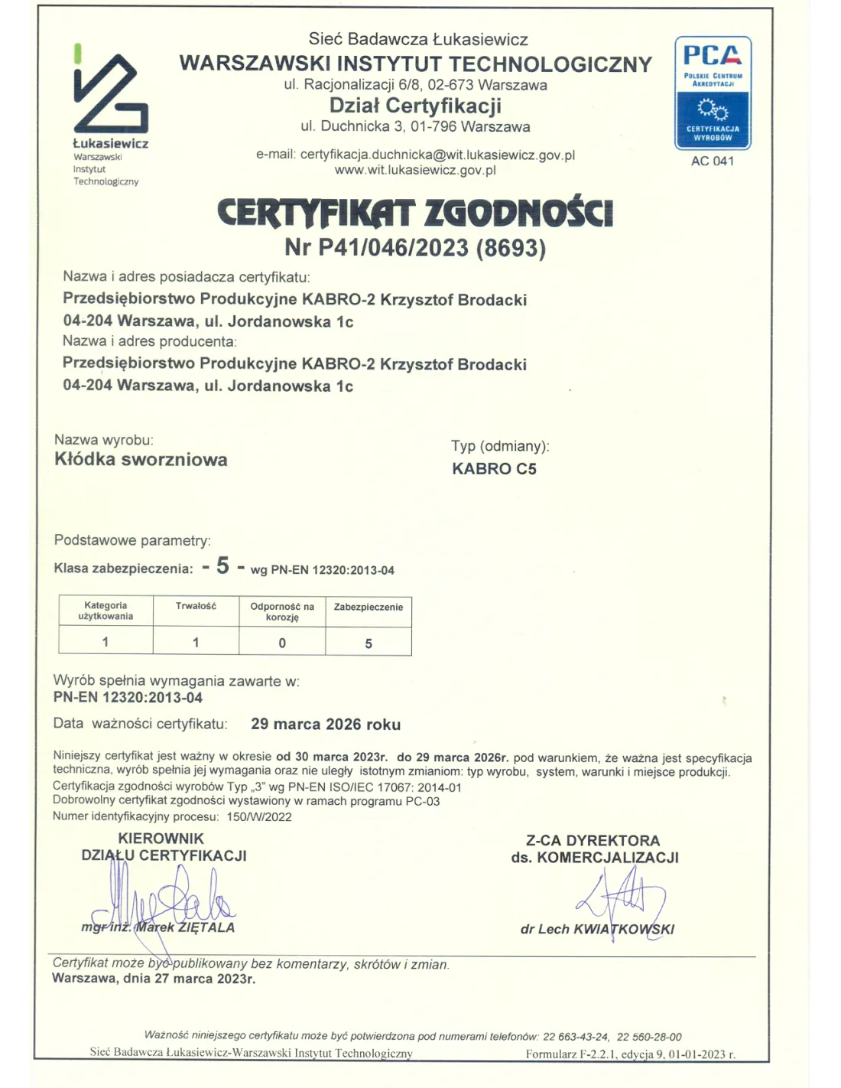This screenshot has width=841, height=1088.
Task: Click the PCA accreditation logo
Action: pyautogui.click(x=713, y=92)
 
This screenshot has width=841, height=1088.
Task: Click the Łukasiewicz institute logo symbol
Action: pyautogui.click(x=110, y=93)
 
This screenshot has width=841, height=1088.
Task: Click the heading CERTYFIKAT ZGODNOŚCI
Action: pyautogui.click(x=415, y=213)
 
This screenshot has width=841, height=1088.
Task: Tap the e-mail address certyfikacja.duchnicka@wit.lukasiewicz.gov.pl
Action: pyautogui.click(x=437, y=155)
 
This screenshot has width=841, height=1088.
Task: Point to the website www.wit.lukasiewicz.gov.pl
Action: pyautogui.click(x=415, y=170)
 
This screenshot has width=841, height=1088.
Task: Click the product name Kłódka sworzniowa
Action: pyautogui.click(x=141, y=460)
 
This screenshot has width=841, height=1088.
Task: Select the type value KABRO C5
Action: pyautogui.click(x=494, y=469)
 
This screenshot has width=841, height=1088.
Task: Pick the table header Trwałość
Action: pyautogui.click(x=196, y=606)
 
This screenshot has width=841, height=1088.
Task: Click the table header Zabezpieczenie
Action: pyautogui.click(x=369, y=607)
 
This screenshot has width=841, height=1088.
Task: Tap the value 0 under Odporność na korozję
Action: pyautogui.click(x=282, y=643)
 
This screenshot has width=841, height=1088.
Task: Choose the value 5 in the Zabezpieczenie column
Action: pyautogui.click(x=369, y=643)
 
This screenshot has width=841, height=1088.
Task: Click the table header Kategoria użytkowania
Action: pyautogui.click(x=106, y=611)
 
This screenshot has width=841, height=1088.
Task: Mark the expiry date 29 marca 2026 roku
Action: pyautogui.click(x=326, y=725)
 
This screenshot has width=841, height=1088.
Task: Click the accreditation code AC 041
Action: pyautogui.click(x=713, y=161)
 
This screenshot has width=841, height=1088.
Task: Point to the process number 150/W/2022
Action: pyautogui.click(x=259, y=816)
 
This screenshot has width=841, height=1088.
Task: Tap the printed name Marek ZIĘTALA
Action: pyautogui.click(x=185, y=927)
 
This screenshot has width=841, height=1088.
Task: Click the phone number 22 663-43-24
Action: pyautogui.click(x=576, y=1037)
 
